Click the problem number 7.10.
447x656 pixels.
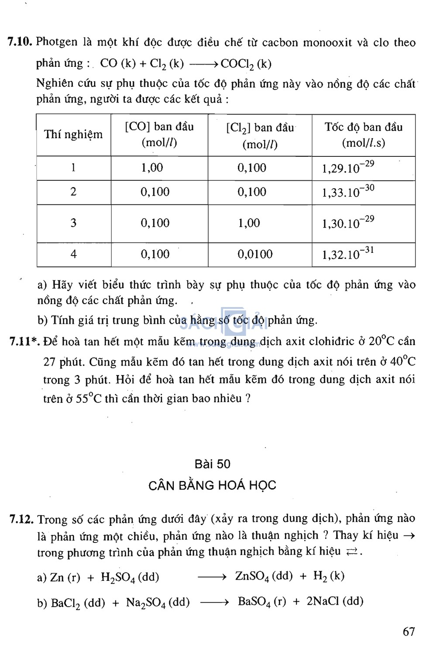(x=20, y=42)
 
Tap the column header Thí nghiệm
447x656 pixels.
(x=73, y=135)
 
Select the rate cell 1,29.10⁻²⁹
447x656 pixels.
(x=348, y=167)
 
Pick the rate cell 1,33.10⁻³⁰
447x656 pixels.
(x=348, y=192)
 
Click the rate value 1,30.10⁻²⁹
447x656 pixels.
(x=348, y=223)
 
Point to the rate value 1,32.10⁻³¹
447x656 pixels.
(x=348, y=254)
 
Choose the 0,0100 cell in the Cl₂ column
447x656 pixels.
(x=255, y=254)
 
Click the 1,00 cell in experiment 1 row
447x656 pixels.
(x=152, y=168)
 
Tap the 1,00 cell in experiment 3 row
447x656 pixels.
(x=249, y=223)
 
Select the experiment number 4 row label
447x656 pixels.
(x=73, y=254)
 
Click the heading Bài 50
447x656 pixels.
(x=213, y=464)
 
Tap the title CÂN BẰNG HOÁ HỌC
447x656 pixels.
(x=212, y=485)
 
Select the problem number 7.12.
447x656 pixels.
(x=21, y=519)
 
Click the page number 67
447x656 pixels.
(x=409, y=632)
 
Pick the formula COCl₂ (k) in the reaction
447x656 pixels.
(x=246, y=64)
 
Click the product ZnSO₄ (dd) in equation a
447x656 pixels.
(x=264, y=577)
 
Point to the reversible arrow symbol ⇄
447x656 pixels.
(x=351, y=552)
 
